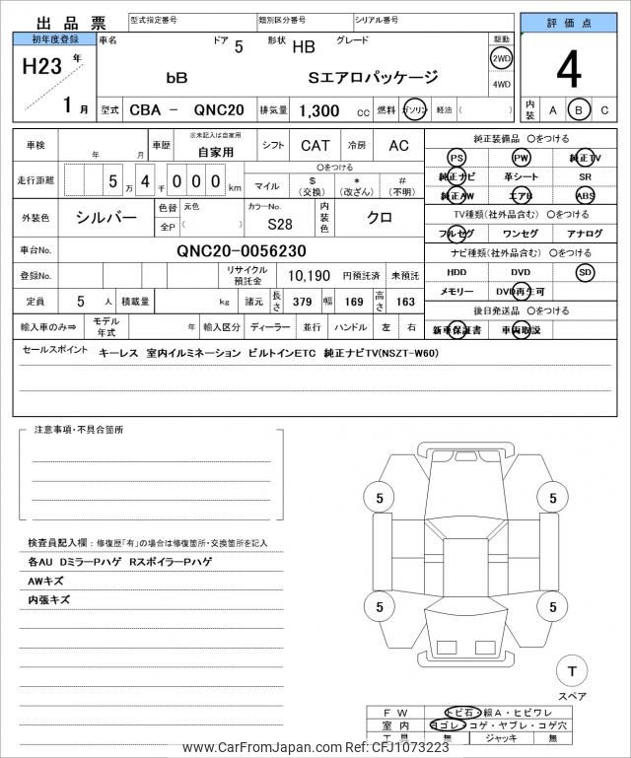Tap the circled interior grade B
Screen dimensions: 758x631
tap(580, 109)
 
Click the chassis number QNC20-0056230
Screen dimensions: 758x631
tap(242, 250)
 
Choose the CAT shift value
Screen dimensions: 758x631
tap(315, 146)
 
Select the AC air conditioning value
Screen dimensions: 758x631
tap(398, 146)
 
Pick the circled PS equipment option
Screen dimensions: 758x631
tap(456, 158)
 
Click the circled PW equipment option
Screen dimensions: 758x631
tap(521, 158)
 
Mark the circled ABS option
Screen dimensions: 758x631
tap(585, 195)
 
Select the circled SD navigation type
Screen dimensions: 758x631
tap(585, 272)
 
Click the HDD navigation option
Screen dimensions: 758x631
tap(456, 272)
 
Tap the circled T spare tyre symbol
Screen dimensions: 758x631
tap(570, 672)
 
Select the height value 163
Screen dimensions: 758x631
tap(405, 301)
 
